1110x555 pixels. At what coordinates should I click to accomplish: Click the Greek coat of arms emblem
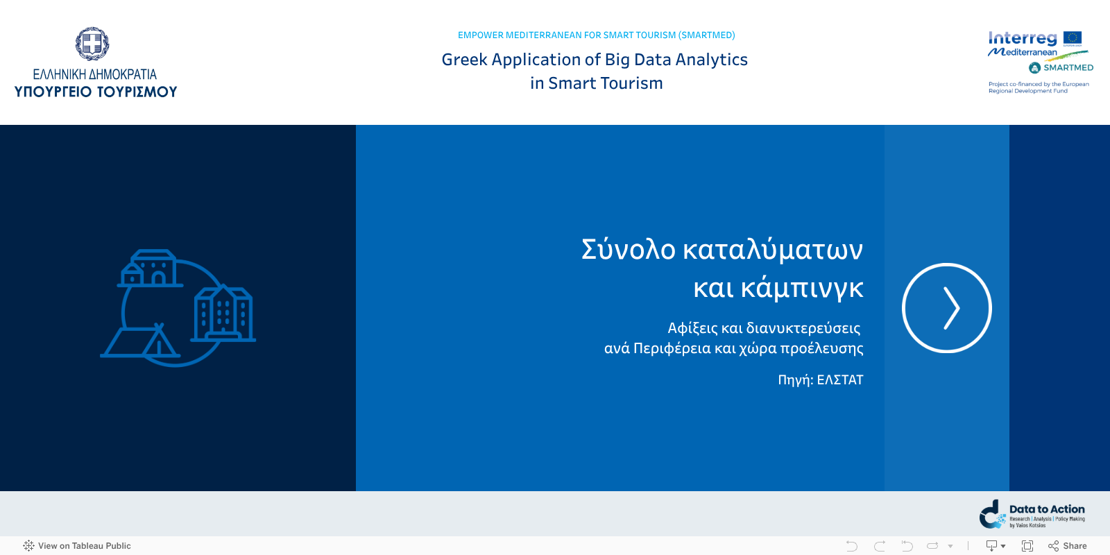(x=92, y=44)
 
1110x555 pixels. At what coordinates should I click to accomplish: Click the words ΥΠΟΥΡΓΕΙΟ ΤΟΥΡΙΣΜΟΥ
(x=96, y=92)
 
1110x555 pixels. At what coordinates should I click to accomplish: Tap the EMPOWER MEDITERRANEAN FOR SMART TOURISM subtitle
(x=596, y=35)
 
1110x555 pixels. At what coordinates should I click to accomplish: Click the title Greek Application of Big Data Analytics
(x=595, y=60)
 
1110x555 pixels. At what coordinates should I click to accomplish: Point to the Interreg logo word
(x=1022, y=38)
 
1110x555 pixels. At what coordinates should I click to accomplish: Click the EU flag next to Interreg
(x=1073, y=38)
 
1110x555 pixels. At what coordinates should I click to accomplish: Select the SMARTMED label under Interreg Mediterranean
(x=1068, y=67)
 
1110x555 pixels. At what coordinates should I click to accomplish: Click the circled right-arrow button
(x=946, y=308)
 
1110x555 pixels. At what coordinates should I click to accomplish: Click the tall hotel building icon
(x=223, y=314)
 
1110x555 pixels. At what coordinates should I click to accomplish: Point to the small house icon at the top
(x=151, y=268)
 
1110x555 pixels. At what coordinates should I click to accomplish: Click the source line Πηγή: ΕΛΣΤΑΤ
(x=820, y=379)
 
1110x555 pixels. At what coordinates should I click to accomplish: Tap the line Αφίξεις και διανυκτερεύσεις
(x=764, y=328)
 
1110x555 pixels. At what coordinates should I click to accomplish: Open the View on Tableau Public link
(x=77, y=546)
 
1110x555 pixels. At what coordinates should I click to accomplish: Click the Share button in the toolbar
(x=1068, y=546)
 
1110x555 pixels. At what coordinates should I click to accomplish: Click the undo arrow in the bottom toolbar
(x=852, y=546)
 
